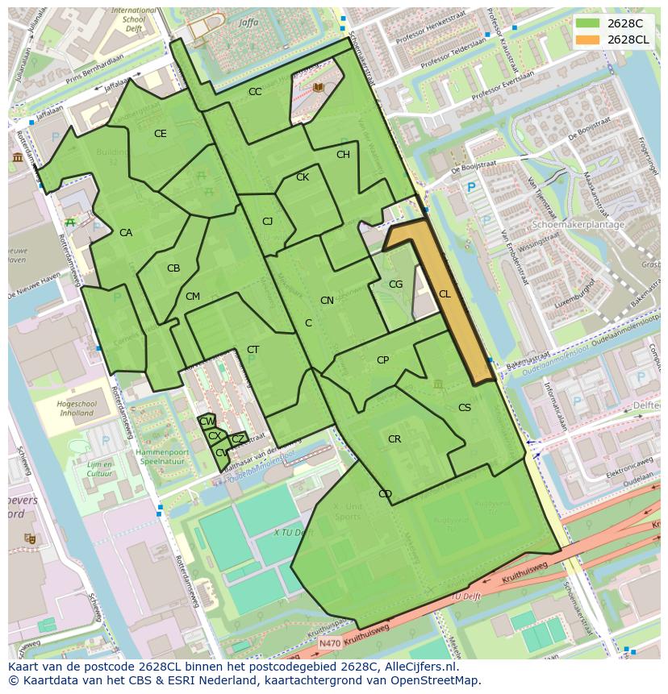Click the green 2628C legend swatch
tap(588, 23)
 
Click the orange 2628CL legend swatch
tap(588, 39)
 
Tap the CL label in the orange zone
tap(445, 294)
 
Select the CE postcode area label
tap(160, 134)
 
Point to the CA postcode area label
tap(126, 233)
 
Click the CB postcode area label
tap(173, 268)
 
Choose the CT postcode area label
tap(253, 350)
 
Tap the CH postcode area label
tap(343, 155)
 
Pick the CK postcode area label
tap(303, 177)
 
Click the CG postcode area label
tap(395, 285)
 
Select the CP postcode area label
tap(382, 360)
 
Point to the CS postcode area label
tap(465, 408)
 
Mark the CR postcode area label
tap(395, 439)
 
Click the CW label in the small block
tap(207, 422)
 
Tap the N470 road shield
tap(328, 644)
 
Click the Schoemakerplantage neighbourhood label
tap(578, 225)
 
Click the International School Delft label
tap(134, 17)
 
